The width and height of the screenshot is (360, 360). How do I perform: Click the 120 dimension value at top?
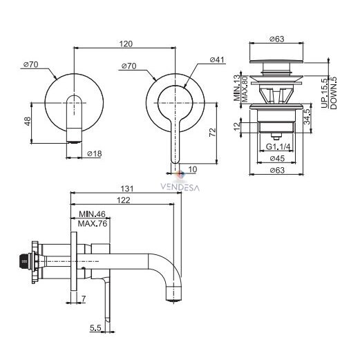coord(126,44)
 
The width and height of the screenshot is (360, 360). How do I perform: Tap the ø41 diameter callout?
coord(217,59)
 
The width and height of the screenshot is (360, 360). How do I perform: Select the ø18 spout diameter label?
coord(95,153)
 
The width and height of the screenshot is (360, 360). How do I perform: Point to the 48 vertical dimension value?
coord(28,121)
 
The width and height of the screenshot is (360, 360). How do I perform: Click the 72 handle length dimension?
coord(213,132)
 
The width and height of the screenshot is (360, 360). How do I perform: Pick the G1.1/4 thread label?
coord(278,146)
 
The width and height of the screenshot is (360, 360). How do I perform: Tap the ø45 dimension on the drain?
coord(277,158)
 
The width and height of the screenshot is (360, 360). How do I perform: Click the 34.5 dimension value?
coord(307,117)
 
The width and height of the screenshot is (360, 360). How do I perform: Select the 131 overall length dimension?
coord(127,189)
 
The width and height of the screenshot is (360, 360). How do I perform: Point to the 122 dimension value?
coord(124,200)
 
